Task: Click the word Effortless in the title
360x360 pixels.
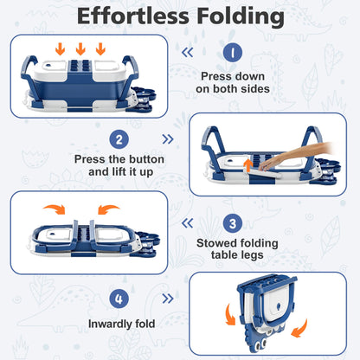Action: (x=132, y=16)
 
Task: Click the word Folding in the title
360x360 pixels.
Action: (x=241, y=17)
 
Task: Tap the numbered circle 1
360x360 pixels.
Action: (x=233, y=52)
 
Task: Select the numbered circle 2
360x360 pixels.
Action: (x=119, y=139)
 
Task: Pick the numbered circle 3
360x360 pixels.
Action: (x=233, y=223)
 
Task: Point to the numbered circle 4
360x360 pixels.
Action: (x=119, y=299)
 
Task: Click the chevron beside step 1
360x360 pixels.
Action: (x=188, y=52)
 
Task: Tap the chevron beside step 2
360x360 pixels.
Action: (x=168, y=139)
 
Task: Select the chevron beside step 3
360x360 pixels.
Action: (x=188, y=223)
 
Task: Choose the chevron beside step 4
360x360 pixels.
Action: (x=168, y=299)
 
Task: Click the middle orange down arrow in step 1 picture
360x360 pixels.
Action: (x=80, y=48)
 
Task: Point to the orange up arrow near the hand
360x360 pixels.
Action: (x=248, y=165)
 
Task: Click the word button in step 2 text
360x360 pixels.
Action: (x=146, y=159)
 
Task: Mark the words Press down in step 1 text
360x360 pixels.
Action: (x=233, y=76)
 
